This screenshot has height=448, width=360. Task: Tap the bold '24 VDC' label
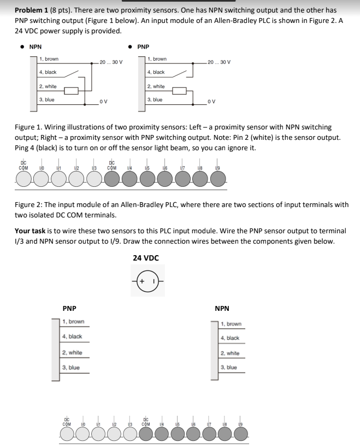146,258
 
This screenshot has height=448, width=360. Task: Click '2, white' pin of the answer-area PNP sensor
72,352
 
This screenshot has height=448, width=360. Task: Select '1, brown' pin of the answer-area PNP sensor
73,322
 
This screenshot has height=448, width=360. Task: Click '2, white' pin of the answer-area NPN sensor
230,353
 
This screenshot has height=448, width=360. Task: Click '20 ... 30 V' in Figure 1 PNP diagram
219,62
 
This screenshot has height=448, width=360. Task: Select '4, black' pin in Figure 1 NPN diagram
48,72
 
